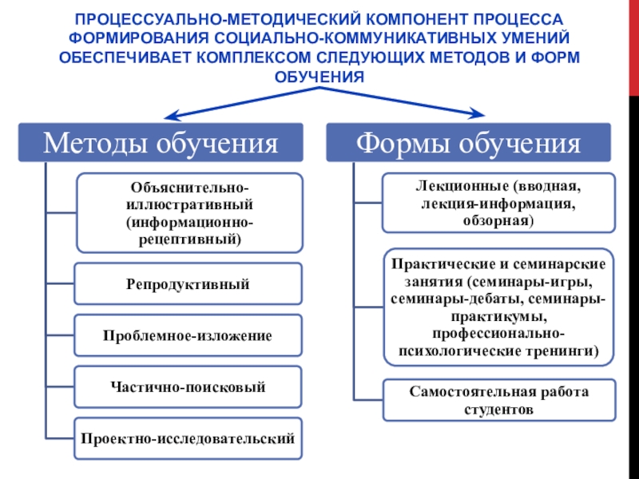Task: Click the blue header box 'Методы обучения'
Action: click(161, 144)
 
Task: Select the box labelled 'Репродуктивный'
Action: click(188, 284)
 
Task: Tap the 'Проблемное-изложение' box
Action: click(188, 336)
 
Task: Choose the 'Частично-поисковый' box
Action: click(188, 388)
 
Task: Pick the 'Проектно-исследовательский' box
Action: click(188, 438)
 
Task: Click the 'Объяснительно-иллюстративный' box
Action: click(189, 212)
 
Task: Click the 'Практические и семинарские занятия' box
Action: click(498, 307)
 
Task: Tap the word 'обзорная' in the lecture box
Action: click(498, 220)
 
